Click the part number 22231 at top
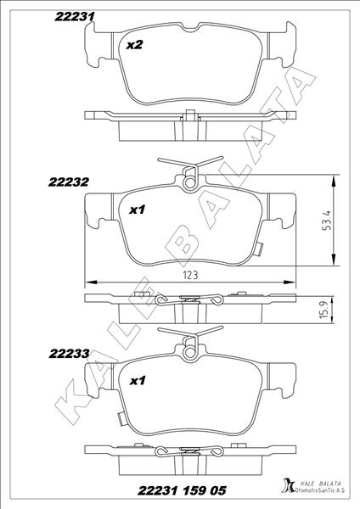click(x=75, y=16)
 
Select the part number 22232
click(x=69, y=182)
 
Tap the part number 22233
click(x=69, y=354)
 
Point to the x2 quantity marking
click(x=134, y=45)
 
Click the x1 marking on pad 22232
click(x=137, y=210)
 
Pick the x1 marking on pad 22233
click(x=138, y=380)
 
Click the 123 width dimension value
click(x=190, y=275)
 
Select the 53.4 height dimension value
click(x=327, y=221)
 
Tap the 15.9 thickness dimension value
click(x=325, y=309)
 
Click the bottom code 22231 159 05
click(x=182, y=490)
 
